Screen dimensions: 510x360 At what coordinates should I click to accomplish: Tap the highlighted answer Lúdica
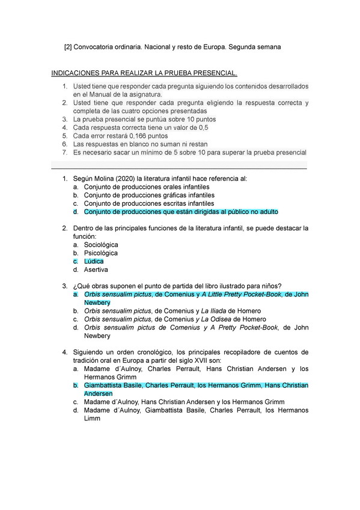94,262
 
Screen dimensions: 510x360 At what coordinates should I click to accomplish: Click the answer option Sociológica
101,245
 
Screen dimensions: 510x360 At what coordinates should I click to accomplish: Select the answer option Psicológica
100,253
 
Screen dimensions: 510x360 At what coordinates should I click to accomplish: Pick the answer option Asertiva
96,270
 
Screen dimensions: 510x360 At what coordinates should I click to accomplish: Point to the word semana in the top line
268,46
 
